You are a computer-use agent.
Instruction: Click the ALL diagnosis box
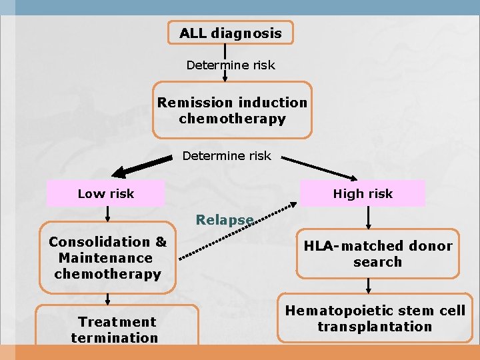coord(230,33)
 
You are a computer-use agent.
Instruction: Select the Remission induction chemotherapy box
coord(232,111)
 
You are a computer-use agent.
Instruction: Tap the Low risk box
coord(105,194)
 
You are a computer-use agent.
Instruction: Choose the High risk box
coord(363,194)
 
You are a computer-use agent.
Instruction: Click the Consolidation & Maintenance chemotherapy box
coord(107,258)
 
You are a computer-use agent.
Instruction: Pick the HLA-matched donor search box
coord(377,254)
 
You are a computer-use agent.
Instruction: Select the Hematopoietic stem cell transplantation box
coord(375,319)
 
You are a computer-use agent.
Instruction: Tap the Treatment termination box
coord(115,329)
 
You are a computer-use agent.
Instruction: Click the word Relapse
coord(224,219)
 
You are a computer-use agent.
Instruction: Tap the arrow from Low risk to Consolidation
coord(107,213)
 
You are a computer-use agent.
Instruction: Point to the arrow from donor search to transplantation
coord(369,286)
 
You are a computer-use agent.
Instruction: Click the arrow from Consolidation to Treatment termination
coord(107,299)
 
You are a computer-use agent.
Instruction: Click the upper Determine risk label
coord(230,65)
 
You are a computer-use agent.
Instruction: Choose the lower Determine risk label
coord(227,156)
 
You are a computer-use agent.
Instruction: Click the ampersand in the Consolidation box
coord(161,242)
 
